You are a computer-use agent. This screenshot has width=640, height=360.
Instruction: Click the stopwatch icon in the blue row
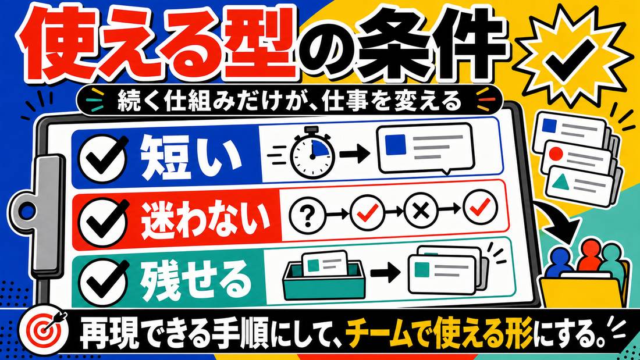[312, 153]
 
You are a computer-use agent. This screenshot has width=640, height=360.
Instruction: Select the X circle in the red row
[421, 212]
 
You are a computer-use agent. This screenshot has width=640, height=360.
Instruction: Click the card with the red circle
[579, 157]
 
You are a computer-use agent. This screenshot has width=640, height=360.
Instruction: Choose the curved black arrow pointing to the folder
[559, 220]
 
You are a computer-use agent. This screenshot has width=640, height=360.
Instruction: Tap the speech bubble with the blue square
[425, 148]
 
